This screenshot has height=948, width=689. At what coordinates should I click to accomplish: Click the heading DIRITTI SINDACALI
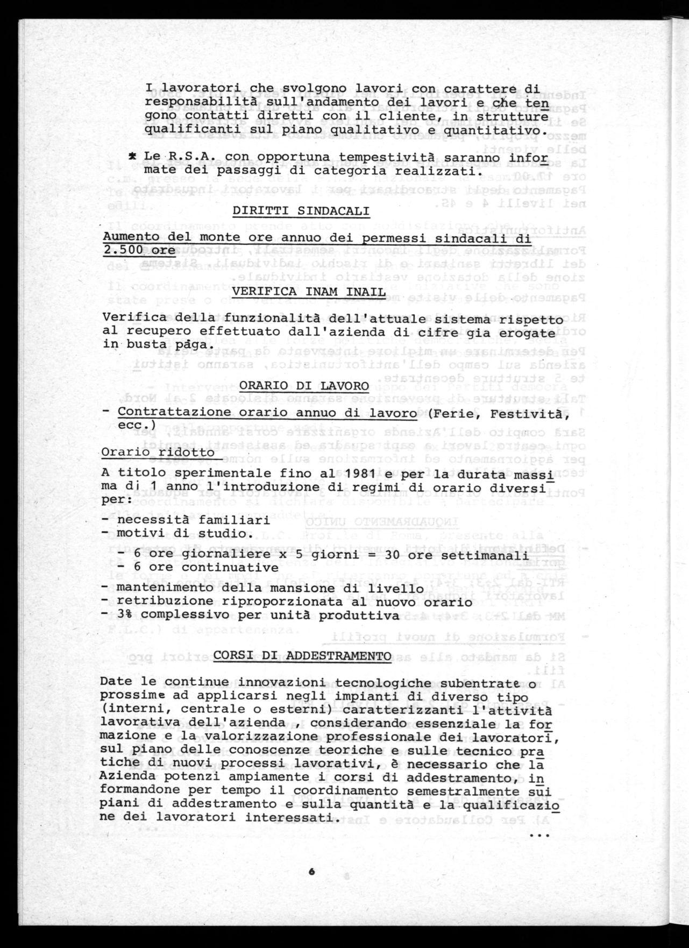301,211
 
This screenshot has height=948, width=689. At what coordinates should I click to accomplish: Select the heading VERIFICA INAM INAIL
308,292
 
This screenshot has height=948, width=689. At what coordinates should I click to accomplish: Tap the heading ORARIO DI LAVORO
304,386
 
